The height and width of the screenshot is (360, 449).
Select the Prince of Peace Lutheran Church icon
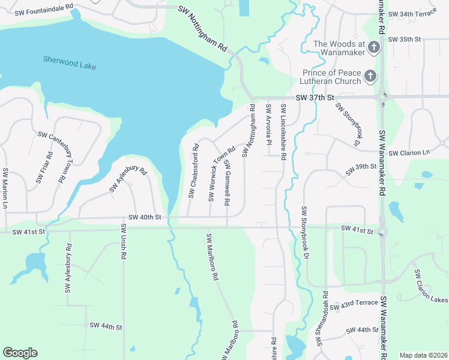click(x=370, y=76)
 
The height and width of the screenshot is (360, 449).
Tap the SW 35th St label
click(x=405, y=39)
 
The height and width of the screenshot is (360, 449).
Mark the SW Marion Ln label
click(x=5, y=188)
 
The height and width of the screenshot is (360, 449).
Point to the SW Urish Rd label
click(x=123, y=241)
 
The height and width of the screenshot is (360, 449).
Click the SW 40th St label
click(x=145, y=217)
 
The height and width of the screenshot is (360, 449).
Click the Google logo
click(x=20, y=353)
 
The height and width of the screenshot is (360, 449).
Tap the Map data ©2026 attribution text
click(x=422, y=355)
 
